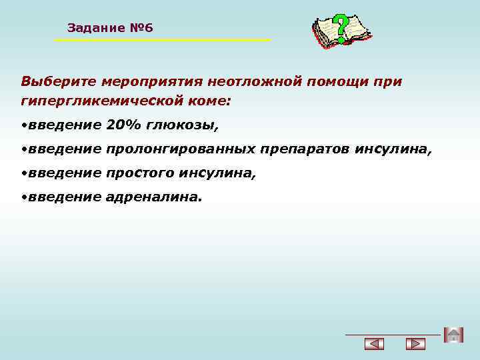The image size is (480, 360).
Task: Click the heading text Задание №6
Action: pyautogui.click(x=110, y=28)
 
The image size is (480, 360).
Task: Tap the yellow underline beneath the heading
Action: pyautogui.click(x=162, y=41)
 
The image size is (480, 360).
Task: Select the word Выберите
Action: pyautogui.click(x=59, y=82)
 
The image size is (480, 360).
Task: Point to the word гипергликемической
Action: pyautogui.click(x=103, y=102)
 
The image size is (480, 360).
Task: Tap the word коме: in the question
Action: pyautogui.click(x=209, y=102)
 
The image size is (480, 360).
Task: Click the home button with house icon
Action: pyautogui.click(x=453, y=335)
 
